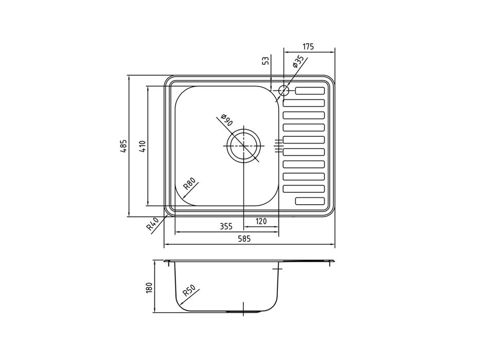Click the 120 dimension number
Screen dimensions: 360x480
coord(261,222)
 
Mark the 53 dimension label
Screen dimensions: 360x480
coord(265,61)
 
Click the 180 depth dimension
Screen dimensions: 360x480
coord(149,287)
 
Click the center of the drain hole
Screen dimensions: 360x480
coord(243,146)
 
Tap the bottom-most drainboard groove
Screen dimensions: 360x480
coord(310,201)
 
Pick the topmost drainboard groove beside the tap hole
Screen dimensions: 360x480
coord(310,91)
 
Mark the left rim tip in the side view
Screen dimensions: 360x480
coord(166,263)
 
